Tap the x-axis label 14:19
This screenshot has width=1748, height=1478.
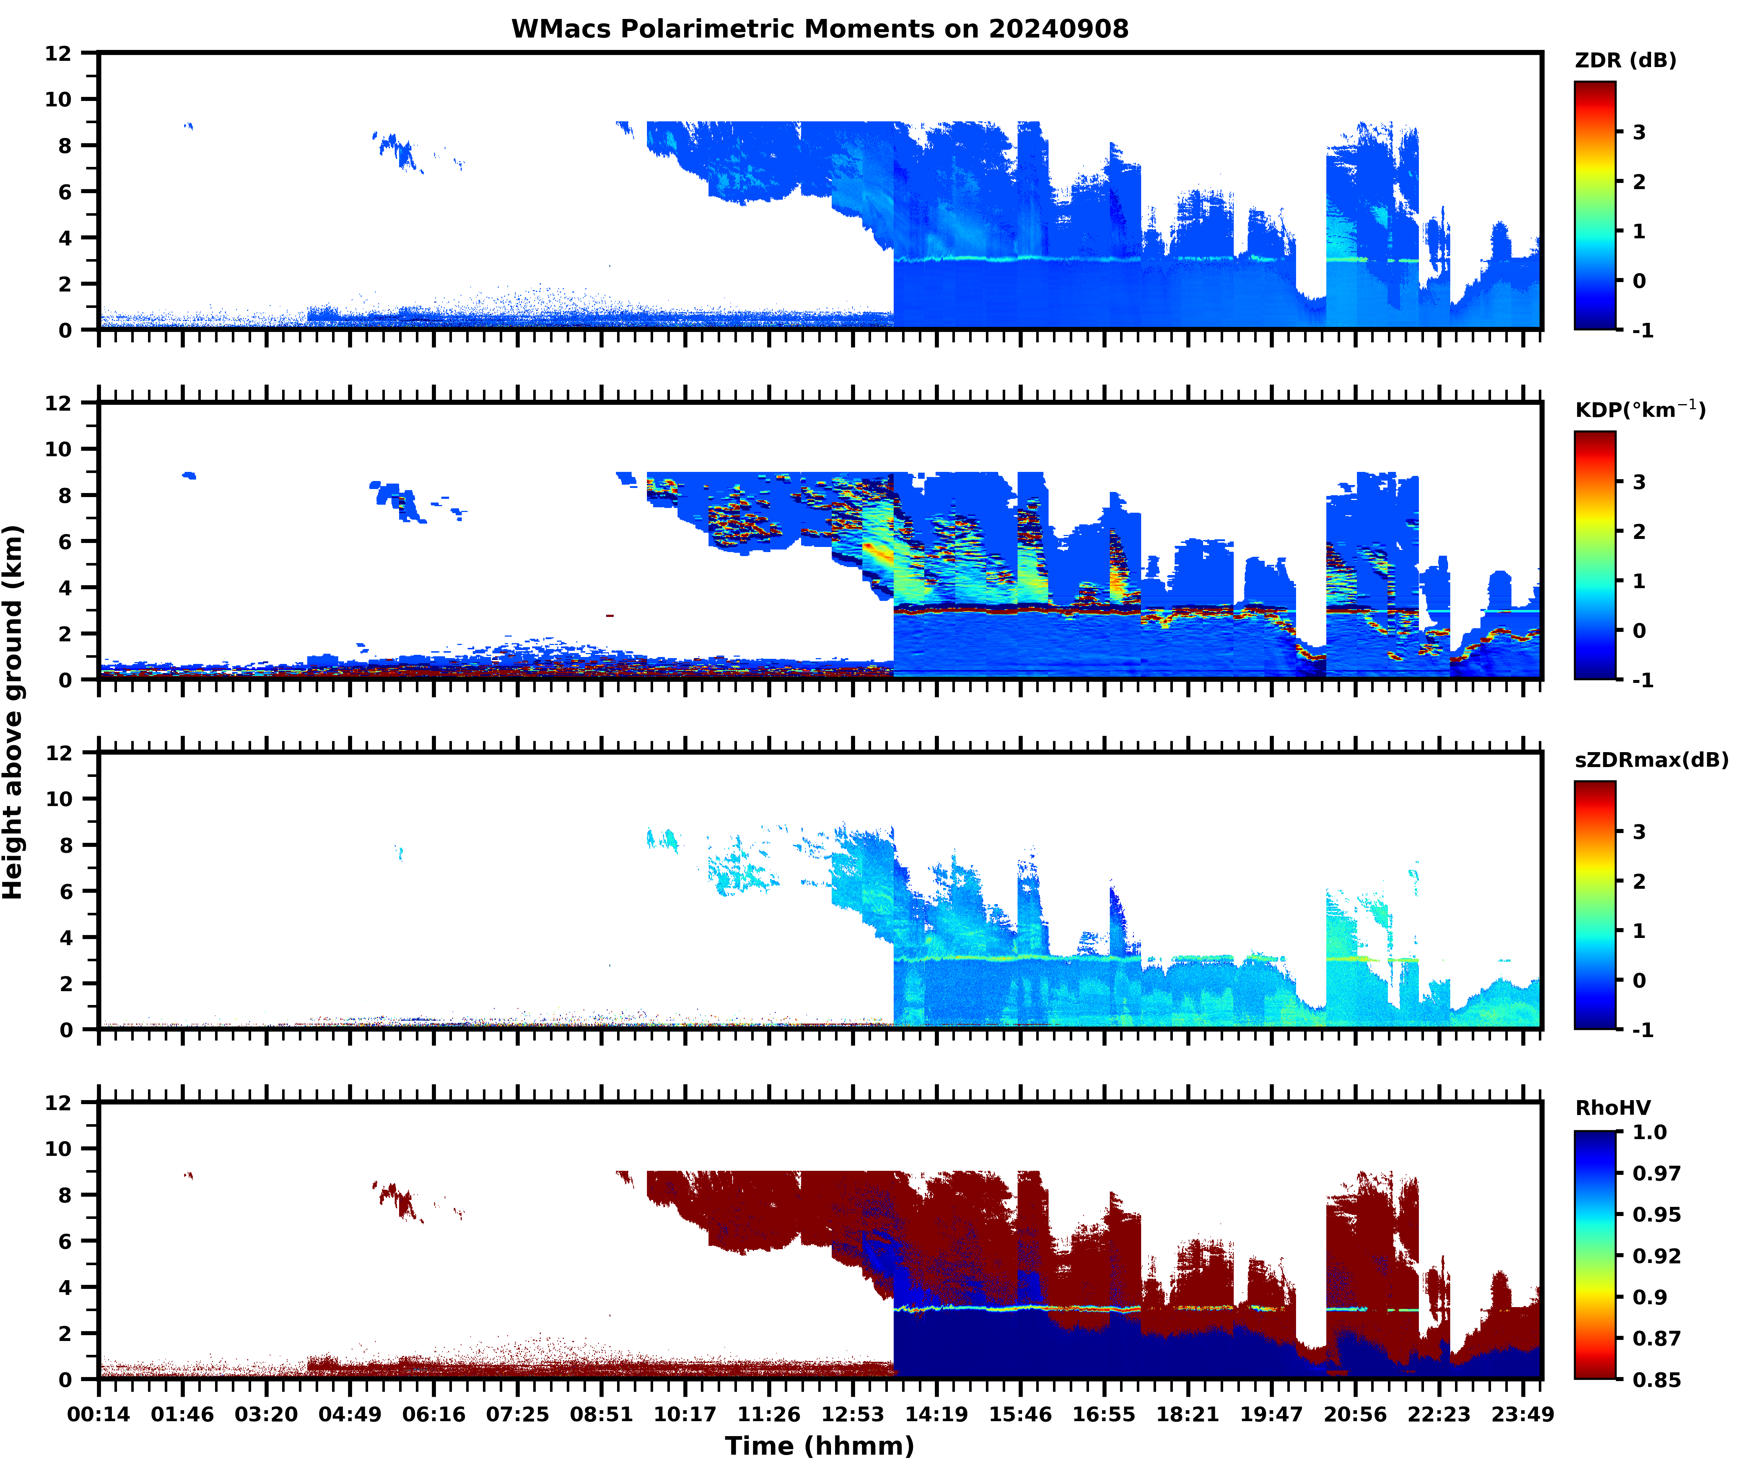coord(936,1414)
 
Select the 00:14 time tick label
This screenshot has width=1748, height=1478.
coord(99,1414)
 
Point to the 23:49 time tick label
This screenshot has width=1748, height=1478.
coord(1522,1414)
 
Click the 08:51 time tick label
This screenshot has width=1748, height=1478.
coord(601,1414)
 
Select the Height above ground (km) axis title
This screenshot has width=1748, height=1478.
coord(13,712)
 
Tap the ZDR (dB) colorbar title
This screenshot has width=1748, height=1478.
coord(1625,60)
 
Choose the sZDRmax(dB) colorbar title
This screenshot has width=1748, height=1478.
coord(1651,760)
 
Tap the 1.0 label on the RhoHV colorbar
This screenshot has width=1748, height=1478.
coord(1649,1133)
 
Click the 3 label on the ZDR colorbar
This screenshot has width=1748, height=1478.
coord(1639,132)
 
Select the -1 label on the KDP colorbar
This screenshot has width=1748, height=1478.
coord(1642,680)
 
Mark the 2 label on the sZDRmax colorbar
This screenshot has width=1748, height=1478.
coord(1639,881)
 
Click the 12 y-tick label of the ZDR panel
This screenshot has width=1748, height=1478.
coord(59,54)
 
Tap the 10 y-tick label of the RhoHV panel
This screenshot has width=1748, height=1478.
coord(59,1149)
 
